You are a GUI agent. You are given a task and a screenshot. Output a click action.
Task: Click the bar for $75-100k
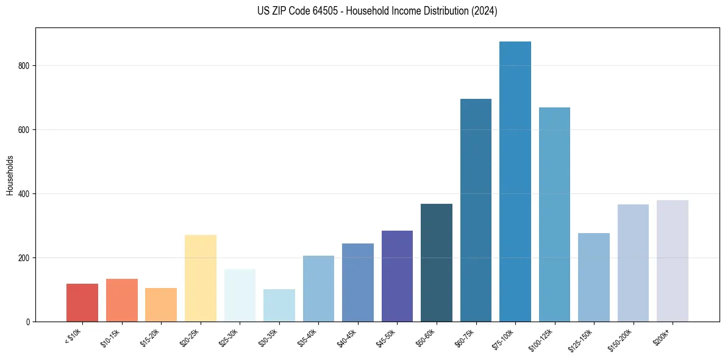[x=515, y=183]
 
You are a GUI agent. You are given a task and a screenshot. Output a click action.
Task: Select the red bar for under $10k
[x=82, y=303]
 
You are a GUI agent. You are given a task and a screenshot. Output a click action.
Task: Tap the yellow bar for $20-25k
[x=201, y=278]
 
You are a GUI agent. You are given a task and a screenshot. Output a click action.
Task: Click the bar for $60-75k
[x=476, y=211]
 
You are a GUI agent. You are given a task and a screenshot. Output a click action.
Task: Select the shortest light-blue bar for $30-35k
[x=279, y=306]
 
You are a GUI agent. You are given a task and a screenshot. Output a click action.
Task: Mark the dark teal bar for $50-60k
[x=437, y=263]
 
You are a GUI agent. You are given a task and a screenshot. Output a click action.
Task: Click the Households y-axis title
[x=10, y=176]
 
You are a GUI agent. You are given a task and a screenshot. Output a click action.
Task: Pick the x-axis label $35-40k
[x=308, y=339]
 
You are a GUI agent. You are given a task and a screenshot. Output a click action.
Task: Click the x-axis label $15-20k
[x=151, y=339]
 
